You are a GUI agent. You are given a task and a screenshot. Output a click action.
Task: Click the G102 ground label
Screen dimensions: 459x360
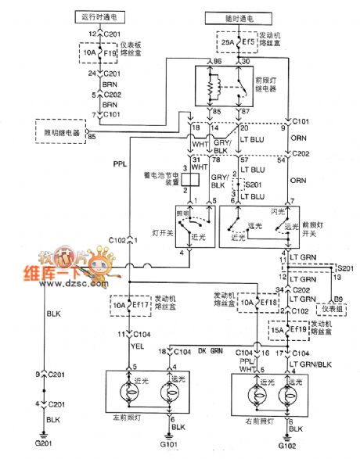290,449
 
